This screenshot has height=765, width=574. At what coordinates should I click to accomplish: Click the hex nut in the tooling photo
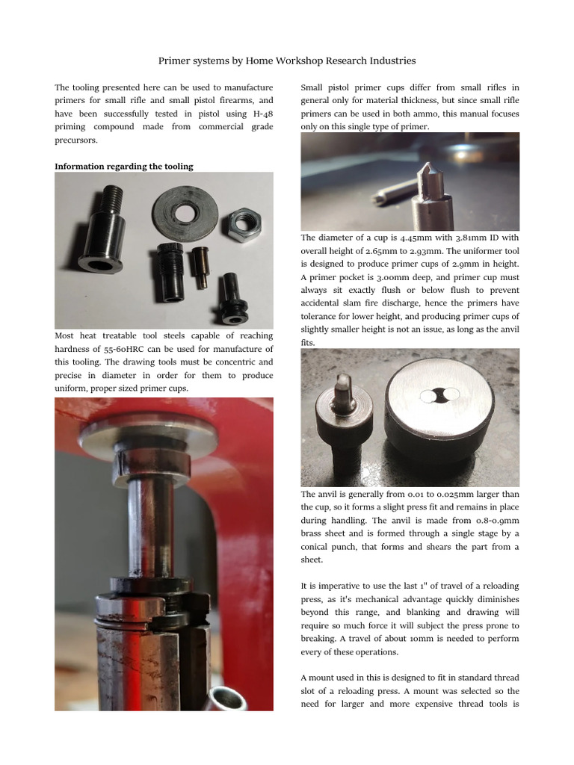tap(244, 223)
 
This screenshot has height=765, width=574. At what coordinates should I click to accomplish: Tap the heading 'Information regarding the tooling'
tap(123, 167)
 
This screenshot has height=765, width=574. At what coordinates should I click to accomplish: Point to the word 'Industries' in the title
tap(387, 61)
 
